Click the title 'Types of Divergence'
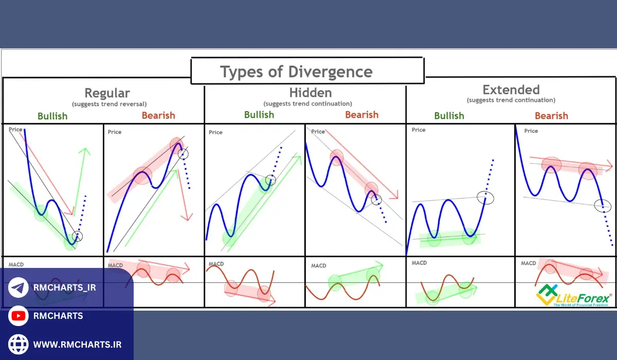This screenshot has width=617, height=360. [x=296, y=71]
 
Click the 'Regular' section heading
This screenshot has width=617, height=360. [x=107, y=93]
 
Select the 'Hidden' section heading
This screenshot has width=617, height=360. [x=310, y=93]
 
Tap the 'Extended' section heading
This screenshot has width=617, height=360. [x=511, y=89]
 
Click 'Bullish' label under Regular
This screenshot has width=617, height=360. [x=52, y=116]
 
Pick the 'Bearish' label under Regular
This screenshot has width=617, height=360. [x=158, y=115]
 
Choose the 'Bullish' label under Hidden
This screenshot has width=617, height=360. [x=259, y=115]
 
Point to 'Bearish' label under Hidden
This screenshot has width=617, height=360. [x=361, y=115]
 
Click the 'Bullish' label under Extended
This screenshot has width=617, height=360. [x=449, y=116]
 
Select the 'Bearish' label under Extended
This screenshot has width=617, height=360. [x=551, y=116]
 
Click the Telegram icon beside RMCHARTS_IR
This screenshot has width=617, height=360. [x=19, y=287]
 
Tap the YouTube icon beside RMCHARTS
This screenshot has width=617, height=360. [x=19, y=316]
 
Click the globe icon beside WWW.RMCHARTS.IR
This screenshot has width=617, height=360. [x=19, y=344]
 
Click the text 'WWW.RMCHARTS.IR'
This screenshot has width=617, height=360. [x=77, y=344]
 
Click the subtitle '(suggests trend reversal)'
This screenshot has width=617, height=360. [x=109, y=104]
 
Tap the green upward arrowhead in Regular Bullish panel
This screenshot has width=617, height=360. [x=84, y=151]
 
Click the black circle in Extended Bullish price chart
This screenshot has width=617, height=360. [x=485, y=197]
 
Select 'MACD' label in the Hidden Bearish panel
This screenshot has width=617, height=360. [x=318, y=265]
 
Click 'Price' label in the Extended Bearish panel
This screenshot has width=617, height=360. [x=531, y=131]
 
